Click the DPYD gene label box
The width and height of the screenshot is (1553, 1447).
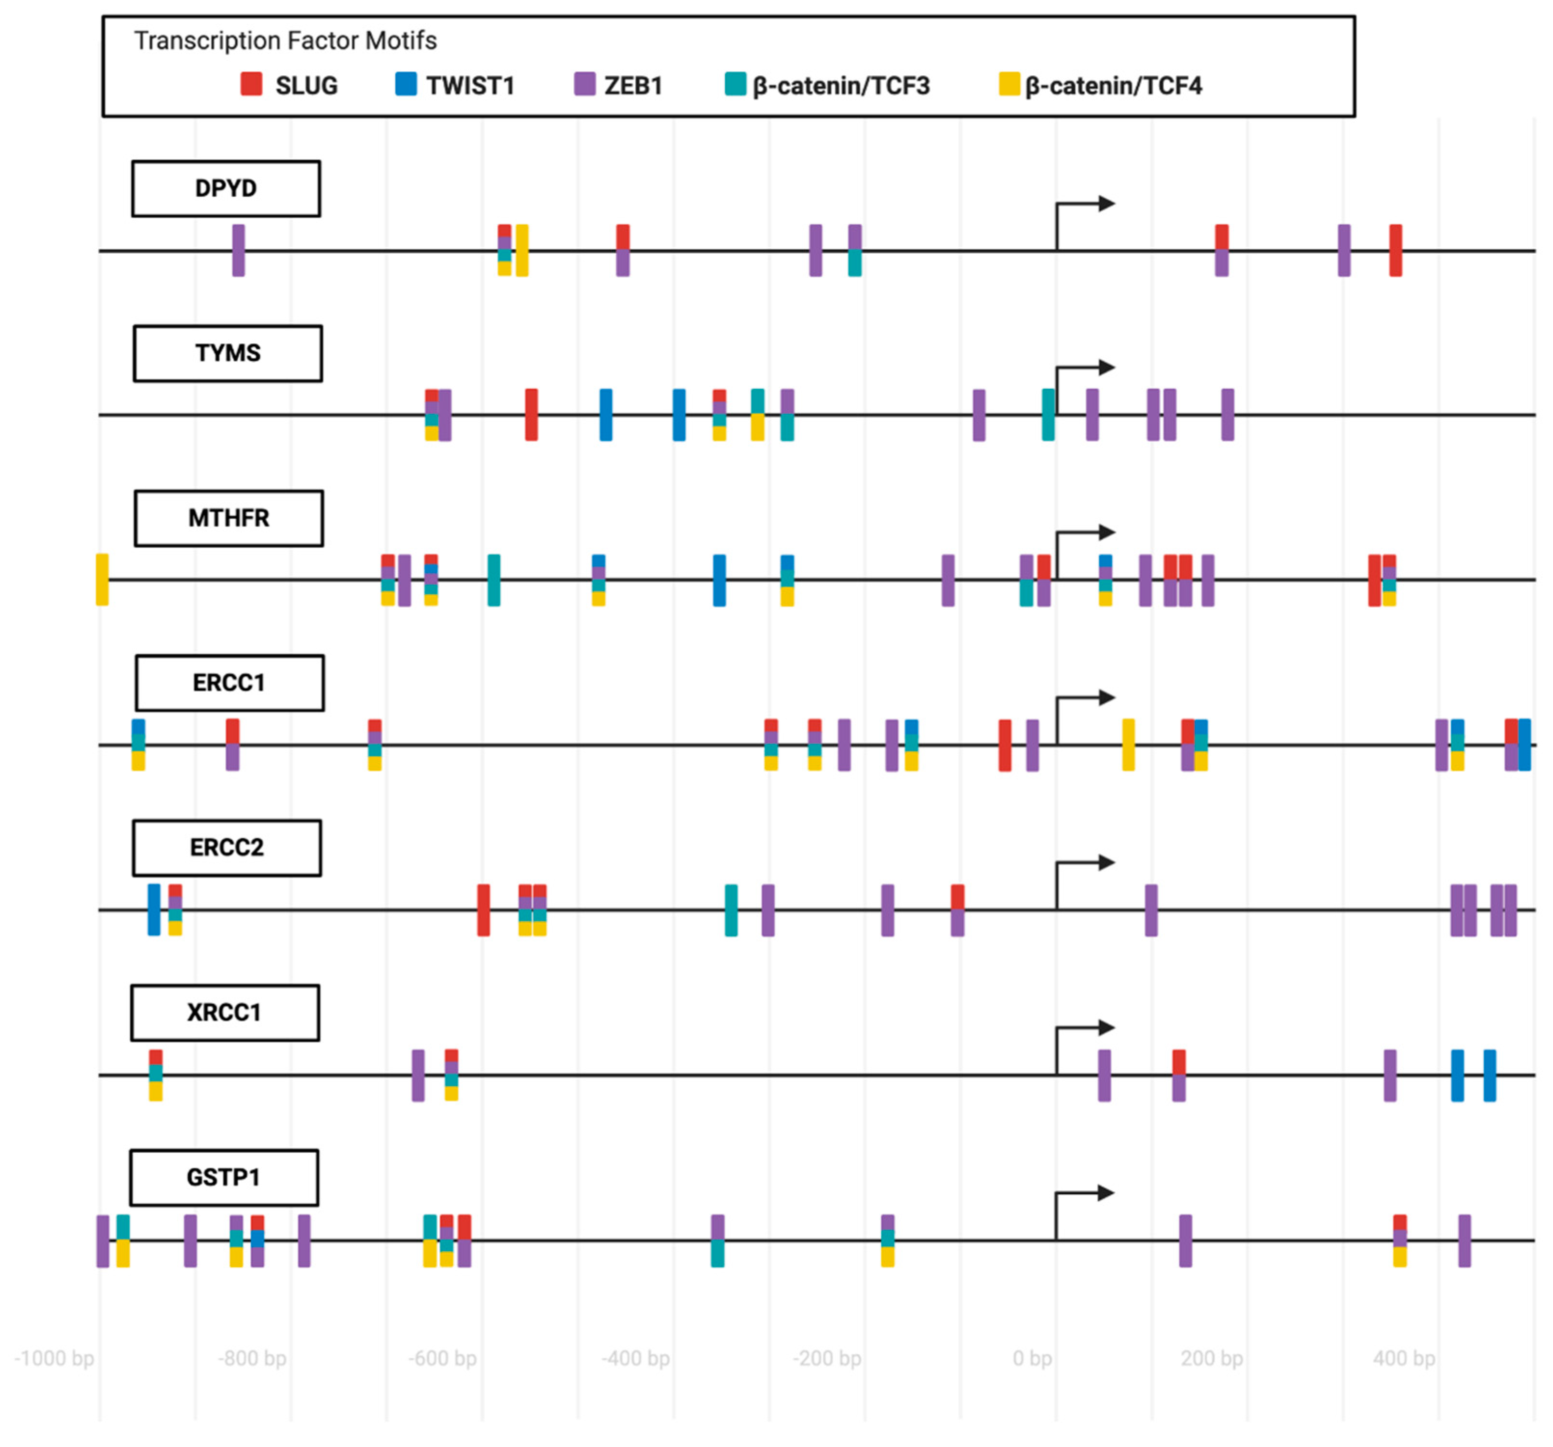[226, 188]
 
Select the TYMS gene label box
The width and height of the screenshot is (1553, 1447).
[227, 353]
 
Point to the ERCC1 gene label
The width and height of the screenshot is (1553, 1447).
[229, 683]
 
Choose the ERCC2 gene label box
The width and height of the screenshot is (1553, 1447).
[227, 848]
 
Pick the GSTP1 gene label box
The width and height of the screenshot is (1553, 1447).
[223, 1177]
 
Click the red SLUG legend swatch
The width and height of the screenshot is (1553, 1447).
[251, 84]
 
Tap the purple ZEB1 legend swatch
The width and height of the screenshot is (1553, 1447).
[584, 84]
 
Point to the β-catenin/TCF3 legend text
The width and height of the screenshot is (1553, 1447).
[840, 86]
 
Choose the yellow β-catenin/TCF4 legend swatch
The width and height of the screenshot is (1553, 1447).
[1009, 84]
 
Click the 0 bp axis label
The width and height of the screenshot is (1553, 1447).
[1032, 1359]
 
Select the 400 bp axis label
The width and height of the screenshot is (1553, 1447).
[1404, 1359]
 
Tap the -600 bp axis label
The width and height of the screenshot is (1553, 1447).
[442, 1359]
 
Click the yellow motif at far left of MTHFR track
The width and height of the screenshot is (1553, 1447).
[102, 580]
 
